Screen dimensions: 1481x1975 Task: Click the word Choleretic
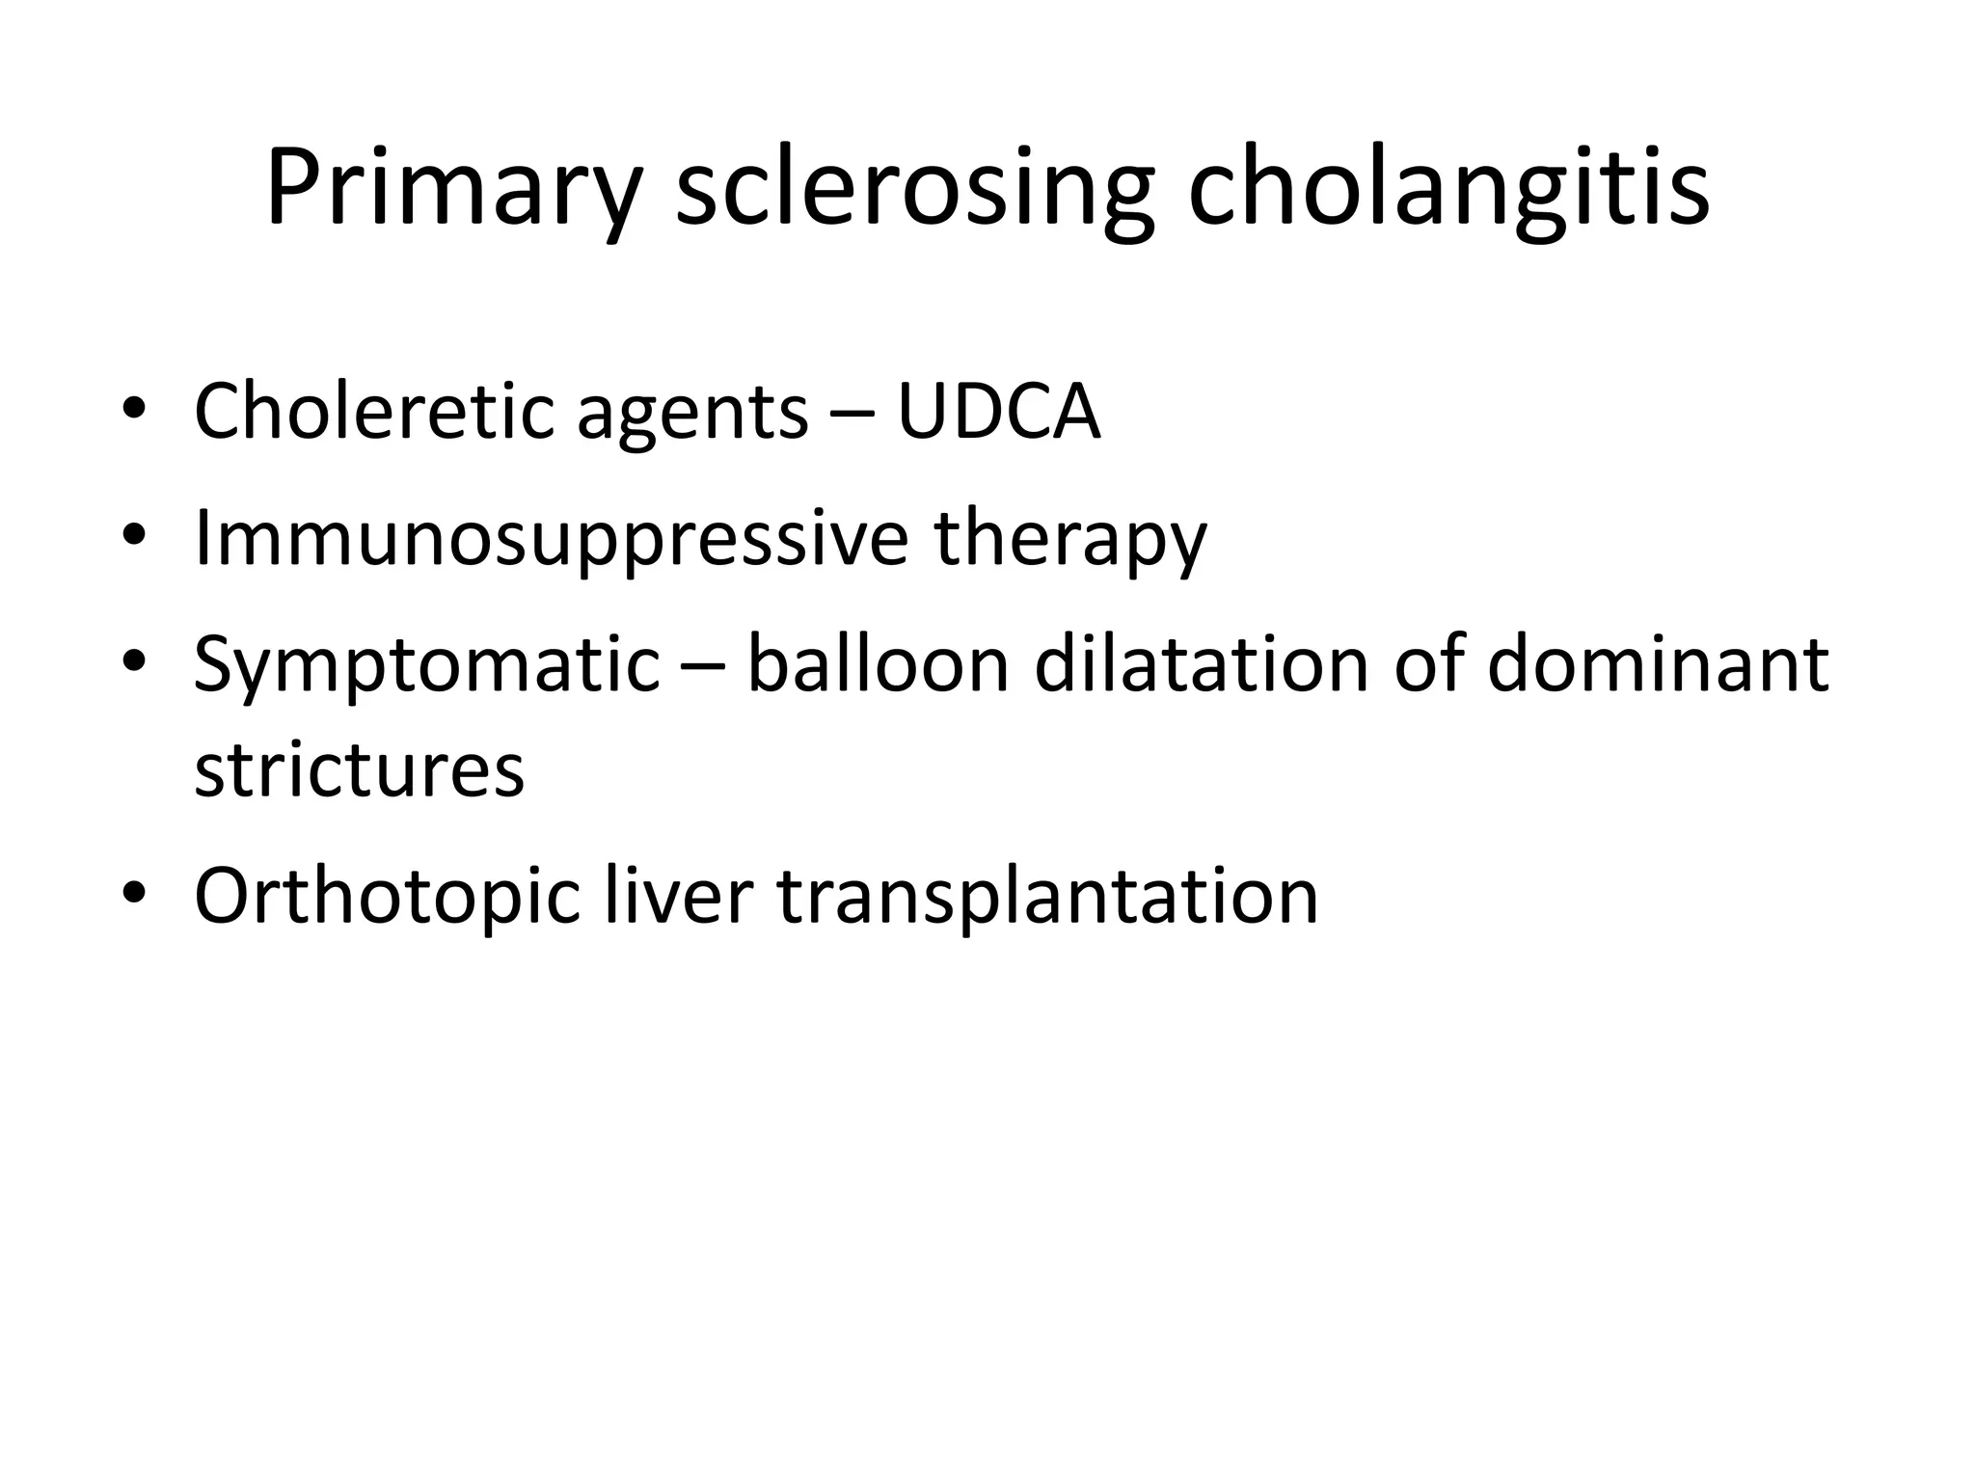click(x=373, y=412)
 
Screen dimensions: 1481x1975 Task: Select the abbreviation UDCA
click(x=998, y=413)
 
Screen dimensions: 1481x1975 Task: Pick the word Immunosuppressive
click(x=551, y=540)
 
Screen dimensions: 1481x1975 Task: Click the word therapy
click(x=1070, y=540)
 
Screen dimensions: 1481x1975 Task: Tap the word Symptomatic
click(x=426, y=667)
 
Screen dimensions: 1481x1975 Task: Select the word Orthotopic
click(x=387, y=898)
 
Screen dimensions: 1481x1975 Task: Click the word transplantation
click(x=1047, y=897)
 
